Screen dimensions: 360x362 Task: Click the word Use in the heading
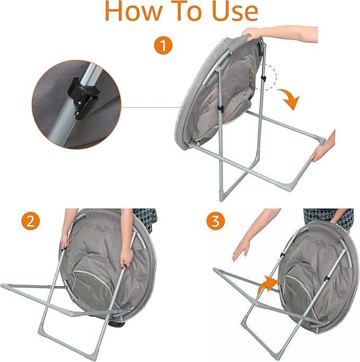tap(235, 11)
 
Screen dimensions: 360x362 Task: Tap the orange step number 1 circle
tap(163, 46)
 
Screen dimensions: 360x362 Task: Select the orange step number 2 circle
tap(30, 221)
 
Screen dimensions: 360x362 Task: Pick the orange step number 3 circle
tap(215, 221)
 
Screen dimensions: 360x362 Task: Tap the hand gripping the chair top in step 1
tap(252, 34)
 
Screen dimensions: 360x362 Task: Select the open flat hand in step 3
tap(241, 250)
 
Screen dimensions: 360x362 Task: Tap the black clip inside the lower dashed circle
tap(221, 108)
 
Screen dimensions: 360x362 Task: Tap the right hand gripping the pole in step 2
tap(127, 258)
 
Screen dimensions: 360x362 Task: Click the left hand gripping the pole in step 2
tap(66, 240)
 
